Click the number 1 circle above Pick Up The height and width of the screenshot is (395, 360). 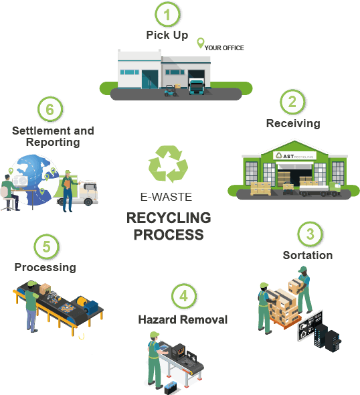167,14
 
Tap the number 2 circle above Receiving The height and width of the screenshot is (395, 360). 292,102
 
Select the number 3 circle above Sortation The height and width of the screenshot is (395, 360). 310,234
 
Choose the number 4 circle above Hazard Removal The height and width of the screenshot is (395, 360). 184,296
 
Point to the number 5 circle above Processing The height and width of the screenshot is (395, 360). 47,246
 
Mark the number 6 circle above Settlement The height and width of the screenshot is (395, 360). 50,109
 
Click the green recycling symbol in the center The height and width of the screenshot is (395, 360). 168,164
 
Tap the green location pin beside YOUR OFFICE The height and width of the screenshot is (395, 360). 200,43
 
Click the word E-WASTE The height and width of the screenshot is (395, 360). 166,197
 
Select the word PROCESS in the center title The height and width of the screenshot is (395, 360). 169,235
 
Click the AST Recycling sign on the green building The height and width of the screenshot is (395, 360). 294,156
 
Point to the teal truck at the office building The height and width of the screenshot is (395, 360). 197,87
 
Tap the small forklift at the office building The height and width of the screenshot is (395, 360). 171,91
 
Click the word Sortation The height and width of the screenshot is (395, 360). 308,255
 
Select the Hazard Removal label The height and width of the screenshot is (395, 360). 183,319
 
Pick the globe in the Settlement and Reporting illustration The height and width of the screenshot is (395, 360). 35,180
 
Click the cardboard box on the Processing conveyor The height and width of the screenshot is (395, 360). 45,289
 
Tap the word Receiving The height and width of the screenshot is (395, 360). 293,123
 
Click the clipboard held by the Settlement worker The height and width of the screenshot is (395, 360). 68,183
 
